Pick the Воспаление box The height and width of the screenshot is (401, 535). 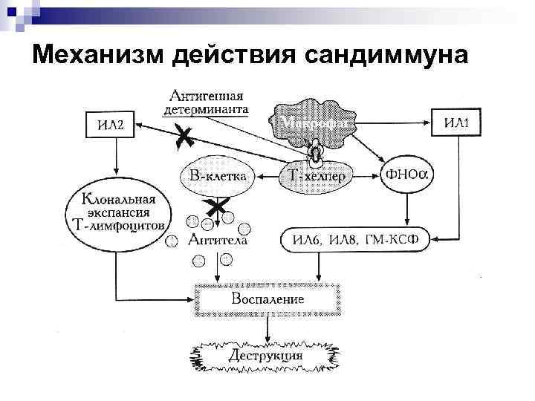tap(267, 299)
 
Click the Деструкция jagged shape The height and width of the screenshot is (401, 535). tap(265, 355)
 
